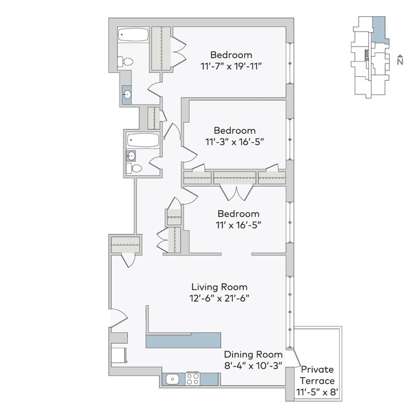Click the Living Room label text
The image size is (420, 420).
(219, 286)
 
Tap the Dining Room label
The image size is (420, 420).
(253, 354)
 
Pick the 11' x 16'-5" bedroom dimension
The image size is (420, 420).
(238, 224)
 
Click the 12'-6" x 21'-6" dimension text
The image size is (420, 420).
(219, 298)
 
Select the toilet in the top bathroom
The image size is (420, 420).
(125, 62)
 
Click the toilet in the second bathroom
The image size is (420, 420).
(134, 169)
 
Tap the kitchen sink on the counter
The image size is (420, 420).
(172, 379)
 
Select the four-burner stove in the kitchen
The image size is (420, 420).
(193, 379)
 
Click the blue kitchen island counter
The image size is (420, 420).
(184, 341)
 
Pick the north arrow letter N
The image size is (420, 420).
(401, 61)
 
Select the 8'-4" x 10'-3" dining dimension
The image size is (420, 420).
(253, 365)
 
